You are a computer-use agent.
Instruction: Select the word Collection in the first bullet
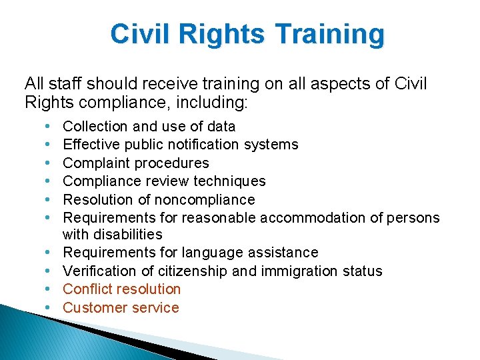coord(95,126)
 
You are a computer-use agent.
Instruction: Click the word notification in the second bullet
coord(183,144)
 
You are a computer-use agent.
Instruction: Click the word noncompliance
coord(205,199)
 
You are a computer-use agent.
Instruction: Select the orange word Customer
coord(92,307)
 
